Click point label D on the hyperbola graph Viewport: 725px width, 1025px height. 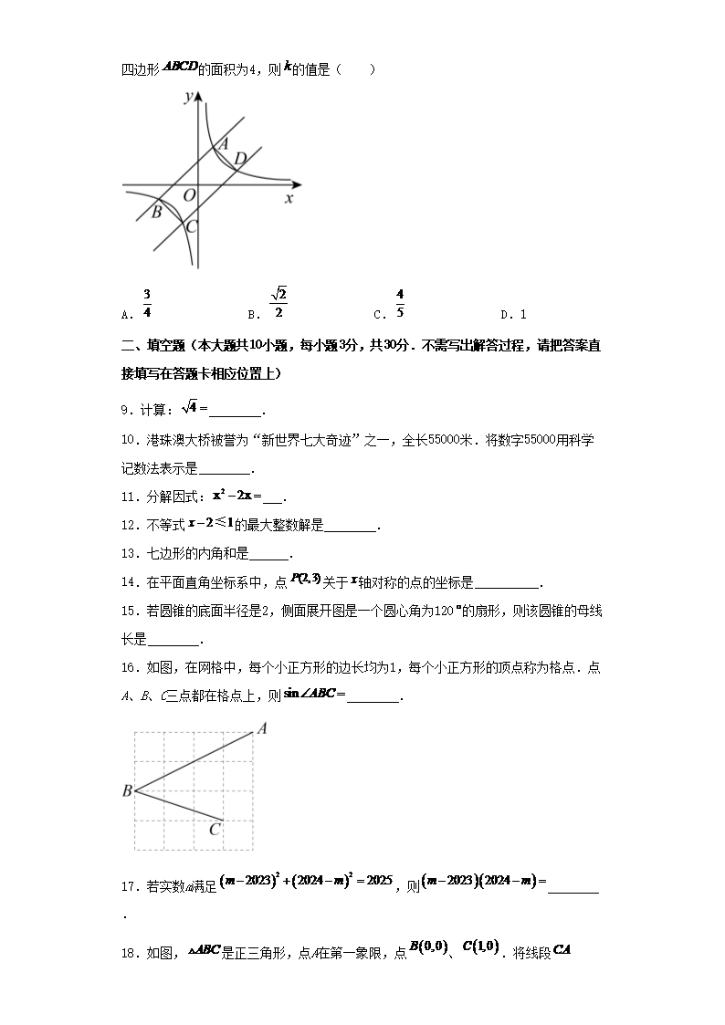[x=239, y=160]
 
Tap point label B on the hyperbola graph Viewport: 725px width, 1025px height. [x=156, y=213]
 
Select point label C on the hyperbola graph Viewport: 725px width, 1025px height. [x=191, y=227]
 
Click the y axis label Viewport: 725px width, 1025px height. [x=187, y=97]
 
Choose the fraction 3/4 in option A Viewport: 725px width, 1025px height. [x=147, y=304]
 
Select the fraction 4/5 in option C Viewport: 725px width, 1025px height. [x=400, y=304]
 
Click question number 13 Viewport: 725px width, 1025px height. [x=128, y=554]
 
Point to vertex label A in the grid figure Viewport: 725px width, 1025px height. [x=261, y=728]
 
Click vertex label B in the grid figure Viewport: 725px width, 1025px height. [x=127, y=791]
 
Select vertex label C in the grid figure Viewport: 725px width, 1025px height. [x=215, y=830]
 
